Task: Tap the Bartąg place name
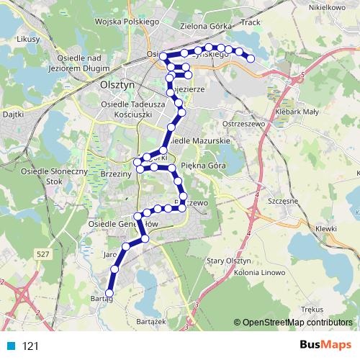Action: tap(102, 298)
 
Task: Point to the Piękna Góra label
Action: tap(204, 166)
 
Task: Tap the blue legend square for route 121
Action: tap(8, 346)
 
